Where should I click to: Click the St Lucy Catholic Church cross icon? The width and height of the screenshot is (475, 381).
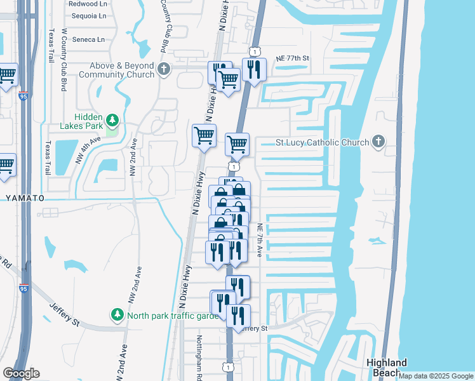pyautogui.click(x=378, y=142)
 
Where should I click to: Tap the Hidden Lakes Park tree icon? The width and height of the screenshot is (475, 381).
pyautogui.click(x=112, y=120)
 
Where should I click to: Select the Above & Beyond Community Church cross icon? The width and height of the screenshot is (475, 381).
pyautogui.click(x=164, y=69)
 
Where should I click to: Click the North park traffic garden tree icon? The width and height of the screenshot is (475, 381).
pyautogui.click(x=117, y=315)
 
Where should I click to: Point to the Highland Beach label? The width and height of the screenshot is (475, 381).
pyautogui.click(x=387, y=368)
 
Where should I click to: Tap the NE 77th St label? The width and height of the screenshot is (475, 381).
pyautogui.click(x=292, y=58)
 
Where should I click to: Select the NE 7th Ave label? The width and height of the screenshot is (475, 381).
pyautogui.click(x=259, y=240)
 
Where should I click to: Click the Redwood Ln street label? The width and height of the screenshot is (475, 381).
pyautogui.click(x=88, y=3)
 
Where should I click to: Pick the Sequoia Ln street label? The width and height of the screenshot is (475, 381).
pyautogui.click(x=88, y=16)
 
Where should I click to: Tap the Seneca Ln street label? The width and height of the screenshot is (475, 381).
pyautogui.click(x=88, y=39)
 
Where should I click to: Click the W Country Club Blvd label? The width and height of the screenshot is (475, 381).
pyautogui.click(x=64, y=59)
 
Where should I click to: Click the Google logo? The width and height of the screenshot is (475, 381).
pyautogui.click(x=21, y=373)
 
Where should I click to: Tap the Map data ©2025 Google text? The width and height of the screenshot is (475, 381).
pyautogui.click(x=436, y=376)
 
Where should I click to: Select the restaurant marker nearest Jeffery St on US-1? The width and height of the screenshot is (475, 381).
pyautogui.click(x=238, y=316)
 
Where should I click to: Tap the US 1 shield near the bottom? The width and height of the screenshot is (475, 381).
pyautogui.click(x=227, y=367)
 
